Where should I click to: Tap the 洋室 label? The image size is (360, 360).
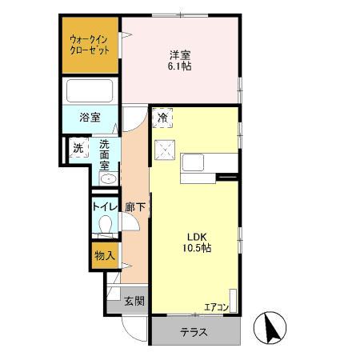tap(179, 54)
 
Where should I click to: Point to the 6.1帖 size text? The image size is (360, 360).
tap(179, 67)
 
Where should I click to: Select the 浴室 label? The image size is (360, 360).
tap(89, 117)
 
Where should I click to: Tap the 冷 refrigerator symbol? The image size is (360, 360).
tap(163, 118)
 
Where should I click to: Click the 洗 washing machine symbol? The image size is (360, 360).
tap(78, 148)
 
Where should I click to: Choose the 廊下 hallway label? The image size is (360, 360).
tap(134, 206)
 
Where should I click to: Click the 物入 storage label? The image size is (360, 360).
tap(104, 256)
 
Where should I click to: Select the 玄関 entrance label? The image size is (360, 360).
tap(134, 302)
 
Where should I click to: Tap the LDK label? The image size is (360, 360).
tap(198, 236)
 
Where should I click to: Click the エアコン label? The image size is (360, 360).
tap(216, 306)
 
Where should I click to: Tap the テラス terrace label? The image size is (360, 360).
tap(194, 331)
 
